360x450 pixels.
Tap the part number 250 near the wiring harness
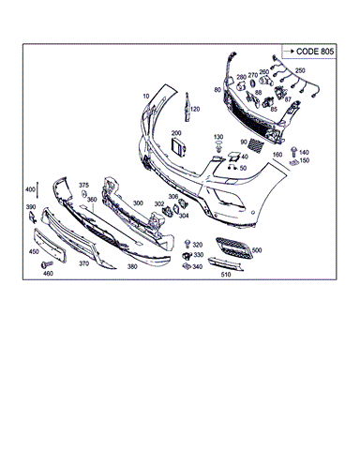point(300,71)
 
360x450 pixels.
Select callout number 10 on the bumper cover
point(146,97)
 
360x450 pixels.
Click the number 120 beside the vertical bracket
point(195,109)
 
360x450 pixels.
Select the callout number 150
point(304,161)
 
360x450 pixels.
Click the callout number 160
point(277,154)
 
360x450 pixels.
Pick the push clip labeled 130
point(217,148)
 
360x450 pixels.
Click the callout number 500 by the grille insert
point(256,250)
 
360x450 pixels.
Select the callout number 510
point(225,276)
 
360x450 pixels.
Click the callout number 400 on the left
point(31,189)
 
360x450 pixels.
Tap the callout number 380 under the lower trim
point(132,266)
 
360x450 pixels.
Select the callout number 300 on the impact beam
point(138,202)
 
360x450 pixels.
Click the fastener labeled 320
point(187,245)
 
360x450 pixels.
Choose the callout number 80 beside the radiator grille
point(217,90)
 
